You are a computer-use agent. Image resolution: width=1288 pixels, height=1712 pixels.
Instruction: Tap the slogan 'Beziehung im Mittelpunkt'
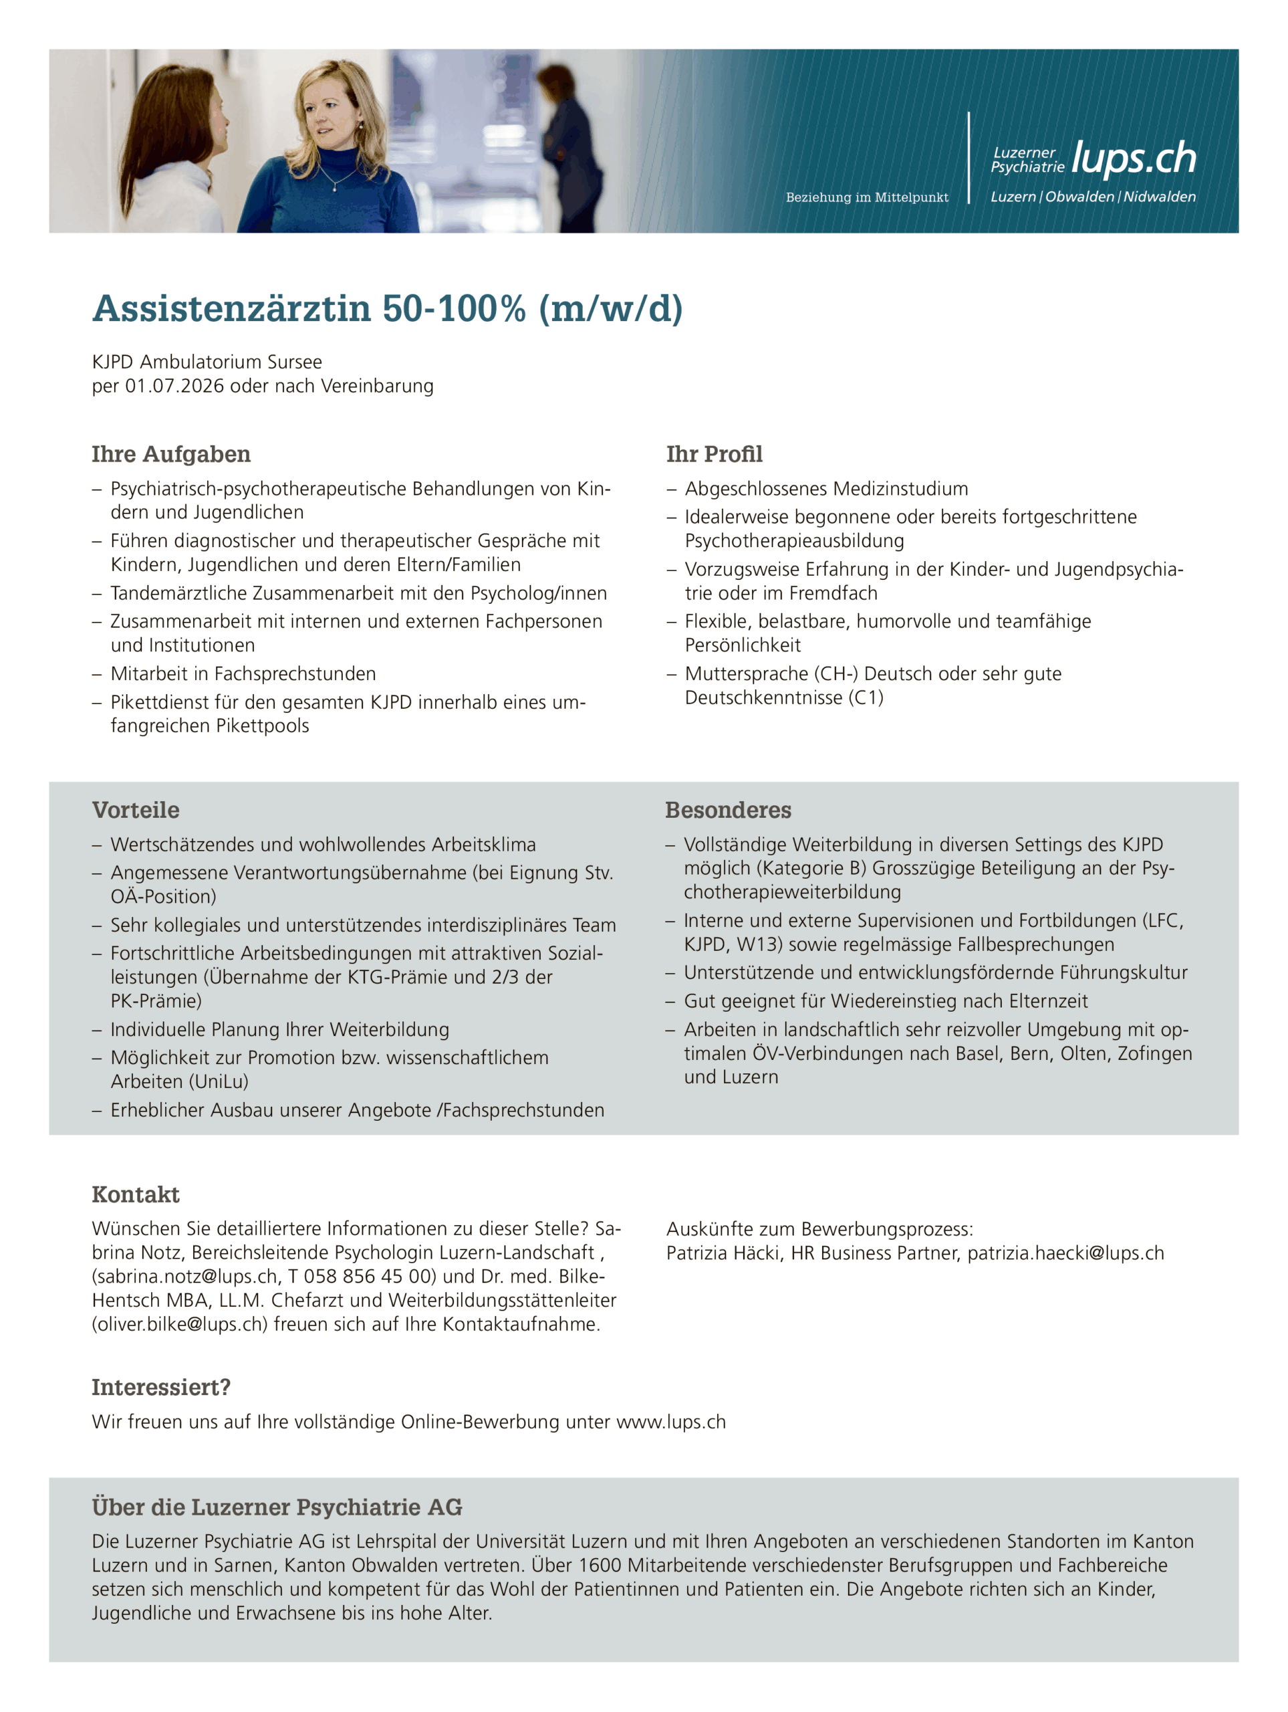tap(866, 197)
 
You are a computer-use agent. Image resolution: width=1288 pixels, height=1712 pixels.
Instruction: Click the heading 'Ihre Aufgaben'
tap(171, 454)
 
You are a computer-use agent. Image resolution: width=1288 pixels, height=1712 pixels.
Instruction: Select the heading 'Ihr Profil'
tap(714, 454)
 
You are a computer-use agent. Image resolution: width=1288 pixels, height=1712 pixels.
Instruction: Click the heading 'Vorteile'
tap(136, 811)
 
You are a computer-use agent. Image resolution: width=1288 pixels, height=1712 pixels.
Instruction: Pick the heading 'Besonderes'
tap(728, 811)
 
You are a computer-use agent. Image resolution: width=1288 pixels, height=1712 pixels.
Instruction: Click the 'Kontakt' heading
tap(136, 1195)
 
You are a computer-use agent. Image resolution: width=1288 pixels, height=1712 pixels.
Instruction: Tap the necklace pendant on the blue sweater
tap(334, 187)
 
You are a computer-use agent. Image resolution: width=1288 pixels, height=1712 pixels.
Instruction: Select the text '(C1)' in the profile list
tap(866, 698)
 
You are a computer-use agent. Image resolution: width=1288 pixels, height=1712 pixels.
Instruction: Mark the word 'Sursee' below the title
tap(295, 362)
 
